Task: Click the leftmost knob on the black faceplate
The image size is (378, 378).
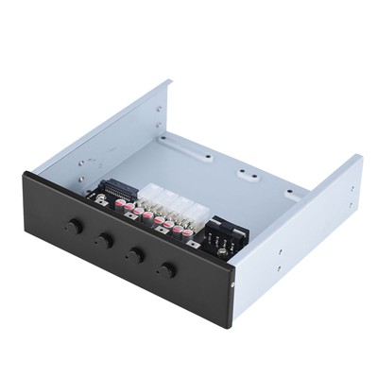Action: click(73, 228)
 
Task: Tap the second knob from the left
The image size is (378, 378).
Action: click(104, 242)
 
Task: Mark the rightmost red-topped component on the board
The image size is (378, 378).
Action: click(187, 232)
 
